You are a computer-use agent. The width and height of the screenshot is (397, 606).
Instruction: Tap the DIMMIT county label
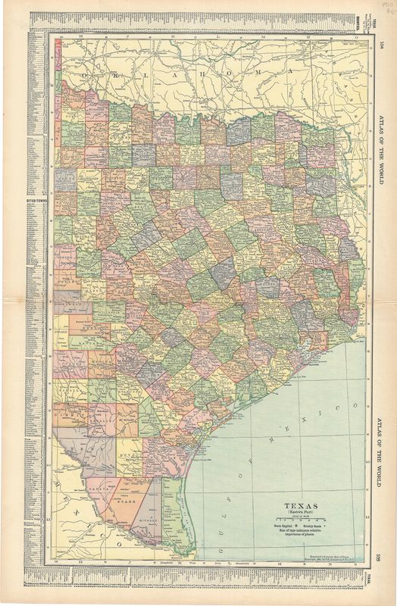(70, 415)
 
